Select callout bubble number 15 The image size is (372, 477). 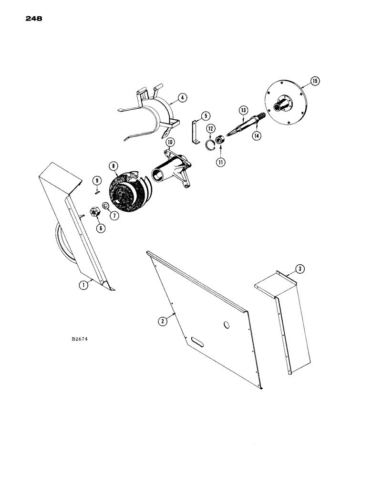coord(314,81)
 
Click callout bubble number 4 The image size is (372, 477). coord(182,98)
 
